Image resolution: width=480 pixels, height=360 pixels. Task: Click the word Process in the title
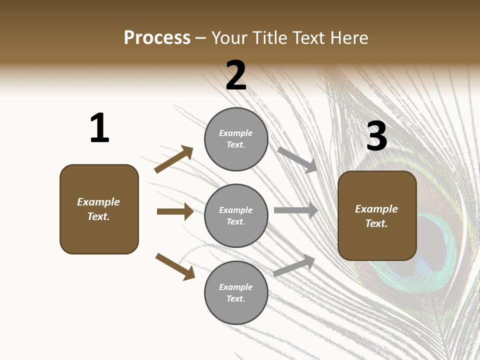[x=157, y=38]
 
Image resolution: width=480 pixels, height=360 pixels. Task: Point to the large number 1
[x=99, y=128]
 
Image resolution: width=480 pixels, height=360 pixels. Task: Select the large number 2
[x=236, y=75]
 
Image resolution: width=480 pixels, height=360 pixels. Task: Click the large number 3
[x=376, y=136]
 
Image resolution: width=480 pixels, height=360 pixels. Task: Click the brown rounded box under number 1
[x=99, y=209]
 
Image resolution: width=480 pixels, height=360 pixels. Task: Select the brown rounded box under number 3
[x=377, y=216]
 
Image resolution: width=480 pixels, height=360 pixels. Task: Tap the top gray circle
[x=236, y=139]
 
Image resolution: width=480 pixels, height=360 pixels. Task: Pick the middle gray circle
[x=236, y=216]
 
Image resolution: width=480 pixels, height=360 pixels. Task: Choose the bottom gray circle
[x=236, y=293]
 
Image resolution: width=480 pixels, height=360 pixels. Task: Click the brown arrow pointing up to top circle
[x=174, y=159]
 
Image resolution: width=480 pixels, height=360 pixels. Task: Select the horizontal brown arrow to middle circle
[x=175, y=211]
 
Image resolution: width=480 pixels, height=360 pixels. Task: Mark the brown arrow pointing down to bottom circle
[x=175, y=266]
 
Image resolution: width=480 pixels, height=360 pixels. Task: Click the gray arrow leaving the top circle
[x=297, y=160]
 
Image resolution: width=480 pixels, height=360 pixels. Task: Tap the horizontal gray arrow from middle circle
[x=296, y=210]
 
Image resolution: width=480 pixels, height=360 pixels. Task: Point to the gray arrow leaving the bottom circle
[x=294, y=265]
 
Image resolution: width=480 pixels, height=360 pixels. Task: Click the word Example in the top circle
[x=236, y=133]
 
